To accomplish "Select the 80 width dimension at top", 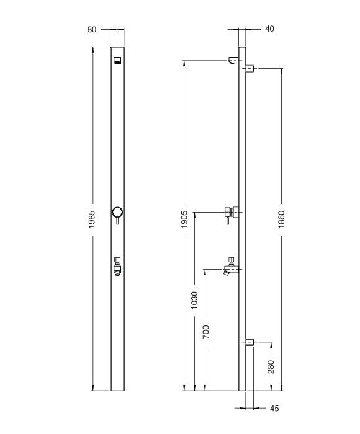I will point(91,29).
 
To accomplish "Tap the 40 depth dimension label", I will point(269,29).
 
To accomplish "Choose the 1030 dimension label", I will point(194,300).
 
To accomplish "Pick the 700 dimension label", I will point(205,332).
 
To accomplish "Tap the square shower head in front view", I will point(117,61).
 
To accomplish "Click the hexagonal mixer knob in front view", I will point(117,212).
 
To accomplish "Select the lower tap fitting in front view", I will point(117,267).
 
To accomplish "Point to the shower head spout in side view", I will point(233,60).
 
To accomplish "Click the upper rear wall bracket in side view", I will point(250,68).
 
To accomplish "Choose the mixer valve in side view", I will point(232,212).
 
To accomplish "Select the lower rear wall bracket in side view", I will point(250,342).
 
